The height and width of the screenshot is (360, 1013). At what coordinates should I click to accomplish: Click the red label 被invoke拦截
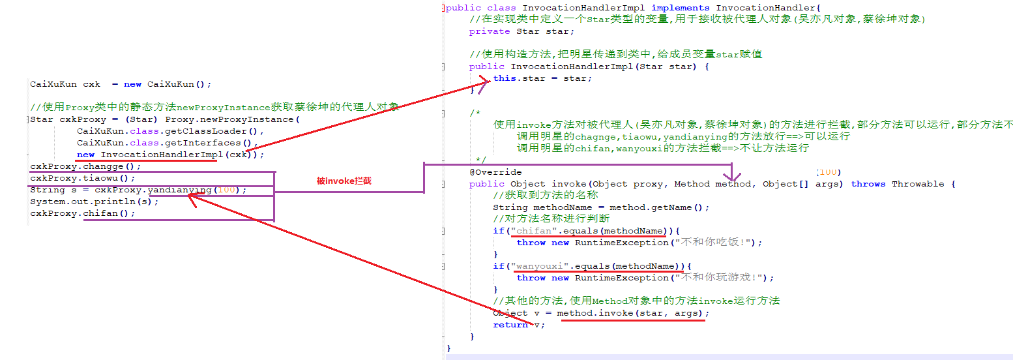click(344, 181)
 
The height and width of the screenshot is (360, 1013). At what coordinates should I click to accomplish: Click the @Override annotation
click(495, 172)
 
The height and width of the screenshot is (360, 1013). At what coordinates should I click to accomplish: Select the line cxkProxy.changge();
click(85, 166)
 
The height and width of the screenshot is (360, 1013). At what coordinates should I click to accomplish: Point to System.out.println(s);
click(95, 202)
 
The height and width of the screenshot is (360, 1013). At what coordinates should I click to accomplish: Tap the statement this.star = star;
click(542, 78)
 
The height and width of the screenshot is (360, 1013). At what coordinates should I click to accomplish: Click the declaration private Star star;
click(521, 31)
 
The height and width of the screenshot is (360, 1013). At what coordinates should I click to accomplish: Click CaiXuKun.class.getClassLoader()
click(166, 131)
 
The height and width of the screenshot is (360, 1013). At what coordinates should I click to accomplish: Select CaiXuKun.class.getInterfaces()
click(166, 143)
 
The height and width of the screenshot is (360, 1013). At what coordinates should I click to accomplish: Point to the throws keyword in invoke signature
click(868, 184)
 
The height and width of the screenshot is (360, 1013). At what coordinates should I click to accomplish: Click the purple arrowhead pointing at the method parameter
click(732, 177)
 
